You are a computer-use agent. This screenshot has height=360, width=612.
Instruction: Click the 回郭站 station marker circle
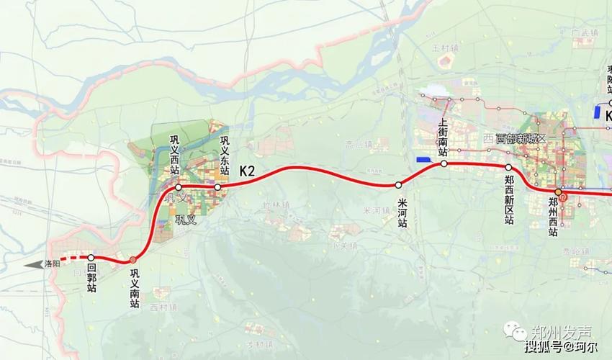coord(91,257)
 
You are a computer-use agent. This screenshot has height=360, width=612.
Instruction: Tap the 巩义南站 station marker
coord(133,260)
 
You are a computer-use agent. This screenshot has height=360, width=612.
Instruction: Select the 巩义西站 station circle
coord(179,187)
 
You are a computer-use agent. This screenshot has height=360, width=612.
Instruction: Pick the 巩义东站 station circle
coord(217,187)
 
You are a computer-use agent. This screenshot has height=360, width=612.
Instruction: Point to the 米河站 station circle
coord(398,184)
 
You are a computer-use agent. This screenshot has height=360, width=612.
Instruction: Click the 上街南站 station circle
coord(444,164)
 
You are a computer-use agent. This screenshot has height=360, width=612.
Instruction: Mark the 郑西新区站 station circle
coord(508,167)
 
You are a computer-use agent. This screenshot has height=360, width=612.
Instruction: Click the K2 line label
coord(248,171)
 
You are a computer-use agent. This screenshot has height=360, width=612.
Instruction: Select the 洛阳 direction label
coord(52,264)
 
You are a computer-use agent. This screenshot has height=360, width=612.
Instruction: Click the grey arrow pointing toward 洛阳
coord(32,265)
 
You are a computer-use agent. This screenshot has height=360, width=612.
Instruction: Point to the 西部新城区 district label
coord(516,138)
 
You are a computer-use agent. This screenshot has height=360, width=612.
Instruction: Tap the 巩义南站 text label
coord(134,289)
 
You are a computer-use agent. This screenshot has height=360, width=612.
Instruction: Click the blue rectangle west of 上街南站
coord(423,159)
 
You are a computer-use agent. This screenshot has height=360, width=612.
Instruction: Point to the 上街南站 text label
coord(444,137)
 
